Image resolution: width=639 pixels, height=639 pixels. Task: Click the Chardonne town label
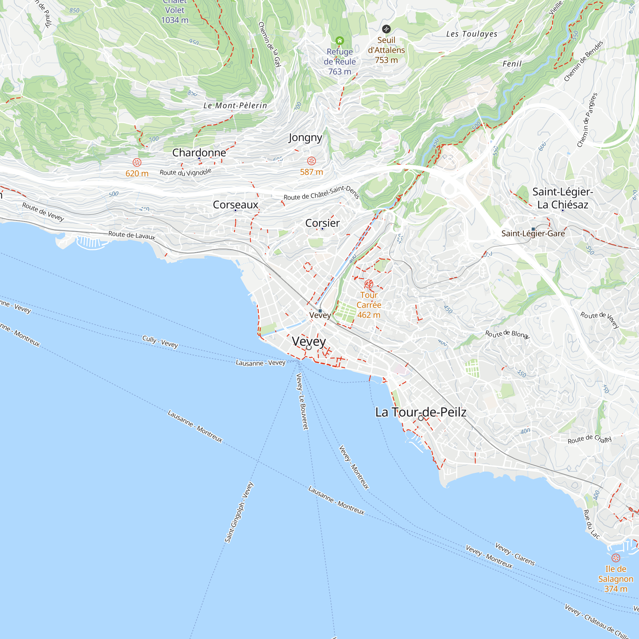[199, 152]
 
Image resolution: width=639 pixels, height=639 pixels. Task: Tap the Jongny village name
[305, 137]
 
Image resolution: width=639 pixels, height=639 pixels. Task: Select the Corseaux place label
[235, 205]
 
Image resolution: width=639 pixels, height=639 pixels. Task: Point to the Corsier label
[322, 223]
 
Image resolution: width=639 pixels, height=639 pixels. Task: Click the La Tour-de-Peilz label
[421, 412]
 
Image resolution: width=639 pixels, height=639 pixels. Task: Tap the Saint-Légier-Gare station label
[533, 234]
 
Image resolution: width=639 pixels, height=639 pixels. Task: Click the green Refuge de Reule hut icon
[340, 41]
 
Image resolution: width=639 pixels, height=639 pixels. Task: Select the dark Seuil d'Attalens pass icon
[386, 29]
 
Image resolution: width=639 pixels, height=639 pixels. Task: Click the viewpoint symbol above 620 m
[137, 162]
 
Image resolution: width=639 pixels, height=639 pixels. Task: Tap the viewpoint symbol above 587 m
[311, 161]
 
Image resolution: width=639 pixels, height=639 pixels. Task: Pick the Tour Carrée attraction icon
[369, 284]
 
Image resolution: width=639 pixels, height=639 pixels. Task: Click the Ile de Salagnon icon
[616, 558]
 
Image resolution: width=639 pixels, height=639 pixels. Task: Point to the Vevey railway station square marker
[320, 311]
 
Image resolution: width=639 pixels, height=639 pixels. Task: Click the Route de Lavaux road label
[132, 235]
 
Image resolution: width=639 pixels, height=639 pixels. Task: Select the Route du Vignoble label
[185, 172]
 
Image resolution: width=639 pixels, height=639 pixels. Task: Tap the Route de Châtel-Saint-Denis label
[321, 193]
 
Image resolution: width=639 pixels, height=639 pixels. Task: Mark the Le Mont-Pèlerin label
[235, 105]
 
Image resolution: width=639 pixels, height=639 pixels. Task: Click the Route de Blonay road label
[507, 334]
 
